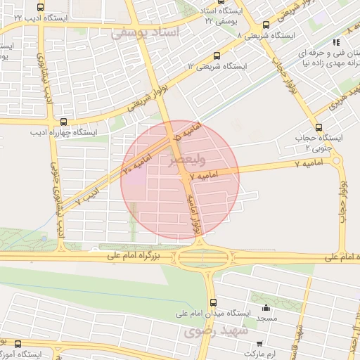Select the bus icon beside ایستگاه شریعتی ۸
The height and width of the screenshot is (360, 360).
(264, 25)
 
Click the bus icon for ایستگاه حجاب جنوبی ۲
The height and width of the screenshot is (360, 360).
(320, 127)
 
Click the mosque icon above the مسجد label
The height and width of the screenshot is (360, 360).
(266, 308)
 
